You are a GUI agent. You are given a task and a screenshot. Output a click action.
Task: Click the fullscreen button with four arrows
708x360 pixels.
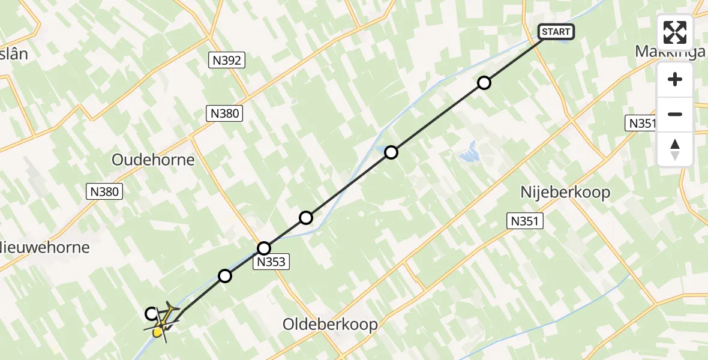pos(674,32)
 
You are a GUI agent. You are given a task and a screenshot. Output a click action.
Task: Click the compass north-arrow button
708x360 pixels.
pos(675,149)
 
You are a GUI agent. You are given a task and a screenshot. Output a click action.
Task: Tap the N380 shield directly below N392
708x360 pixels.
pos(225,113)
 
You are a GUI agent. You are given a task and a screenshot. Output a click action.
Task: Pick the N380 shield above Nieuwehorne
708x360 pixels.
pos(105,191)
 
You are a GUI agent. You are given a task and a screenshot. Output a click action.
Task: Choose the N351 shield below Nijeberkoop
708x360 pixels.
pos(525,221)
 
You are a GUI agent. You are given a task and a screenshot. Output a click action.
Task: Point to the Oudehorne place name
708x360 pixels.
pos(153,160)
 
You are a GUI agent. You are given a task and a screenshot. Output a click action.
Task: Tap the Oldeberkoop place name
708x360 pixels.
pos(330,325)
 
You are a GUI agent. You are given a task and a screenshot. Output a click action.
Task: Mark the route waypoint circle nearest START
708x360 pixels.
pos(484,83)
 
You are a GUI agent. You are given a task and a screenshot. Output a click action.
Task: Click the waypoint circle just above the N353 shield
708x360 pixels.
pos(264,248)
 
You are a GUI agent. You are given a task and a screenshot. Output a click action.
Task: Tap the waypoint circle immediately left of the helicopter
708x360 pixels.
pos(152,313)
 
